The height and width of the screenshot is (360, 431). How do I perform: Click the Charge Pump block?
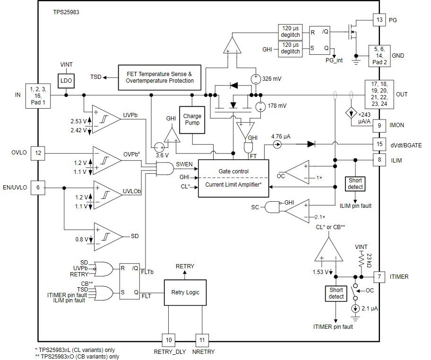pos(192,119)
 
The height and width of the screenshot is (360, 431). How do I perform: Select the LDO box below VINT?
pos(66,81)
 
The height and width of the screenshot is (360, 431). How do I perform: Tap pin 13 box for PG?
pos(379,20)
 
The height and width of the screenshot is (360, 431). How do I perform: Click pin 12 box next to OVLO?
pos(38,153)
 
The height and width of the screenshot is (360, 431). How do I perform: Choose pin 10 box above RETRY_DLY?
pos(169,340)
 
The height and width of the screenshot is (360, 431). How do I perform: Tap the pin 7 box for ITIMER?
pos(379,276)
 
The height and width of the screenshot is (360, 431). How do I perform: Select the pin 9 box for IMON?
pos(379,125)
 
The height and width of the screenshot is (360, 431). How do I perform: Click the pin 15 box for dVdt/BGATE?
pos(379,145)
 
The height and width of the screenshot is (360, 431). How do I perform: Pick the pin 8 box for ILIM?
pos(379,160)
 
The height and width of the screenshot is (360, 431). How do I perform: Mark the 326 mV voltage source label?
pos(271,79)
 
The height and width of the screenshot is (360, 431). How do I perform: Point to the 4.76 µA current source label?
pos(281,136)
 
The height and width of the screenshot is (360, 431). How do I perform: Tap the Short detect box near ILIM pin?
pos(355,183)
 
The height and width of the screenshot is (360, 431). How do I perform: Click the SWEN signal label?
pos(184,164)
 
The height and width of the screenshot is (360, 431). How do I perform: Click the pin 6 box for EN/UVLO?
pos(38,188)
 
